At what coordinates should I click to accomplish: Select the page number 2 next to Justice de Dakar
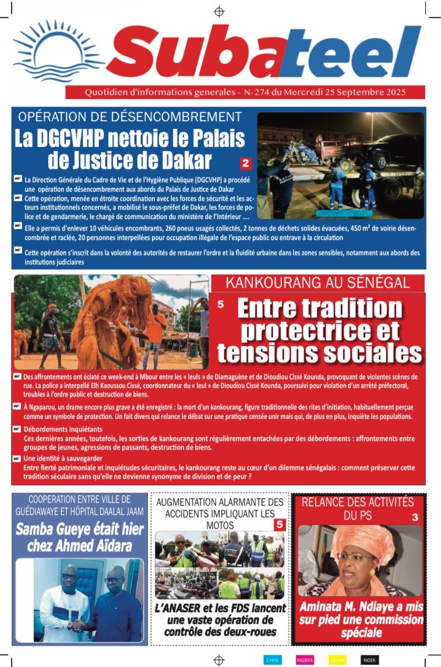click(245, 164)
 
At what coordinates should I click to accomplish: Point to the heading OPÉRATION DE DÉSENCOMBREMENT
click(130, 116)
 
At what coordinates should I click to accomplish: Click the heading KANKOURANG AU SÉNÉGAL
click(317, 284)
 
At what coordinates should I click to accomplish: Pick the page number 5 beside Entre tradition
click(220, 304)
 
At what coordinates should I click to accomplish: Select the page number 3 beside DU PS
click(414, 517)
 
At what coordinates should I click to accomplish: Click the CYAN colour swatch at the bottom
click(273, 660)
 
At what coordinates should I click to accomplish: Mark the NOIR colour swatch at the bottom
click(369, 660)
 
